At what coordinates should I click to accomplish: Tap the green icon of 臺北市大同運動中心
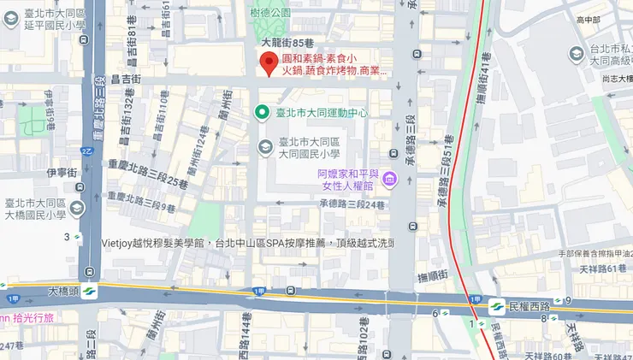point(265,112)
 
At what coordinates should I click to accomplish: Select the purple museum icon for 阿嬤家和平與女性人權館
point(389,180)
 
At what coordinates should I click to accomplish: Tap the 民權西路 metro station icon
point(495,305)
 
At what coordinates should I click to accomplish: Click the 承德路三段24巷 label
point(352,204)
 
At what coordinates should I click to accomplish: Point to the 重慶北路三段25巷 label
point(147,182)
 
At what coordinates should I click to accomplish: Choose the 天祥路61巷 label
point(604,269)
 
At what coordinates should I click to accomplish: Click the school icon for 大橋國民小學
point(78,208)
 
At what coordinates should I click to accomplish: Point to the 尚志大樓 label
point(616,78)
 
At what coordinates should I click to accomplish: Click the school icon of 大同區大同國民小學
point(265,147)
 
